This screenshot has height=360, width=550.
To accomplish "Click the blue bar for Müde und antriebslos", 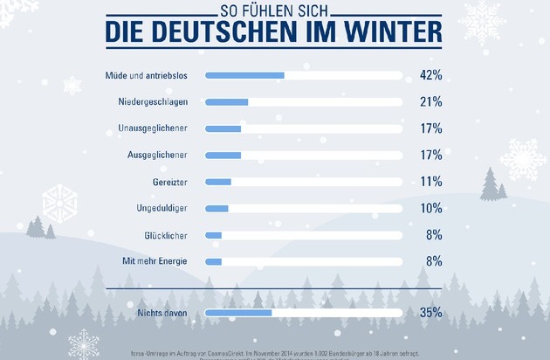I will tap(244, 76).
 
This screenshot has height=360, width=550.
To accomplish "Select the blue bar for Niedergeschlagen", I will tap(226, 102).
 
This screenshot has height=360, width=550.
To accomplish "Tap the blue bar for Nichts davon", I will tap(238, 312).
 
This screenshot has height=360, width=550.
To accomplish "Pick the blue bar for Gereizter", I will tap(218, 182).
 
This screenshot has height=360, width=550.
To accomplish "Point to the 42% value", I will tap(430, 76).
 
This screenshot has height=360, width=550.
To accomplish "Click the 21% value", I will tap(430, 102).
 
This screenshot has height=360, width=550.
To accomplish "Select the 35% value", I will tap(430, 312).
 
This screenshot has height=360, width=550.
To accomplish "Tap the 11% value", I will tap(430, 182).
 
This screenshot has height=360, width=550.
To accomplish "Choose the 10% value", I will tap(430, 208).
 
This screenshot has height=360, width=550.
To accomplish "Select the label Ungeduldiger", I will tap(162, 208).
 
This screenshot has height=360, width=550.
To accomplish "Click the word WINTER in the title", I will tap(387, 32).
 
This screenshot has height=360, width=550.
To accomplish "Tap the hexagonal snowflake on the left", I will tap(60, 202).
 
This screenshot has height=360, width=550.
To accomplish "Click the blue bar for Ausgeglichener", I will tap(223, 156).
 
